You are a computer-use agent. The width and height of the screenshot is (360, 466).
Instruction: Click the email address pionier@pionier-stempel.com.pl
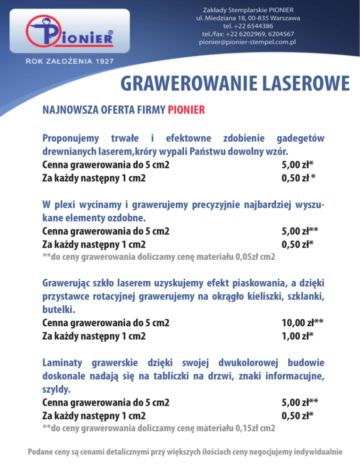(x=248, y=42)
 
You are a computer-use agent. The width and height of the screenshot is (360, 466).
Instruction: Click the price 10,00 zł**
(x=303, y=323)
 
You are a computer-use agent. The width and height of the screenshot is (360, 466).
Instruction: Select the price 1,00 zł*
(x=297, y=336)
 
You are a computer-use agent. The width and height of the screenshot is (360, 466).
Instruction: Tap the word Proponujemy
(x=71, y=139)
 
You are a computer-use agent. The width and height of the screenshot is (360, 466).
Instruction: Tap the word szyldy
(x=55, y=389)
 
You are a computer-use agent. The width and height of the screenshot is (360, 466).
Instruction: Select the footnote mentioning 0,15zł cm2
(x=158, y=428)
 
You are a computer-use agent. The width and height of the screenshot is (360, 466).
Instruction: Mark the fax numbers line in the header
(x=248, y=34)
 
